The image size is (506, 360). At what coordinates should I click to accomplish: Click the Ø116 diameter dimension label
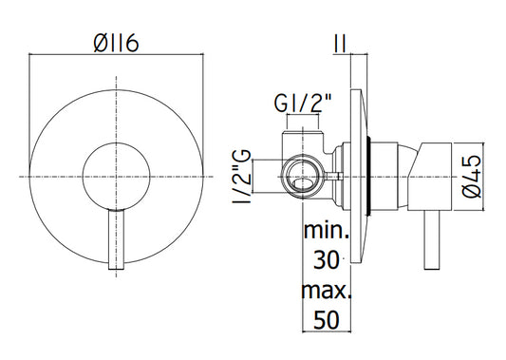pyautogui.click(x=116, y=44)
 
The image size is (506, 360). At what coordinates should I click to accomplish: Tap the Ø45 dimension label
pyautogui.click(x=472, y=177)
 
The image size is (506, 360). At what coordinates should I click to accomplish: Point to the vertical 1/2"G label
pyautogui.click(x=241, y=176)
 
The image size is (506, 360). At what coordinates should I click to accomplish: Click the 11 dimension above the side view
pyautogui.click(x=340, y=45)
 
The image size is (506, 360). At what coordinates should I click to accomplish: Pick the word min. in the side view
pyautogui.click(x=327, y=231)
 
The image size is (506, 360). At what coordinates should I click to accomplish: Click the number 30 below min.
pyautogui.click(x=327, y=260)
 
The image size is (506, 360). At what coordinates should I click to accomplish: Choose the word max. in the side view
pyautogui.click(x=326, y=291)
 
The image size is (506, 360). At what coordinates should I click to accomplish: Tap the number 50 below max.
pyautogui.click(x=327, y=320)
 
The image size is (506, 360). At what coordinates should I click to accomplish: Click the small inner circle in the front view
pyautogui.click(x=116, y=142)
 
